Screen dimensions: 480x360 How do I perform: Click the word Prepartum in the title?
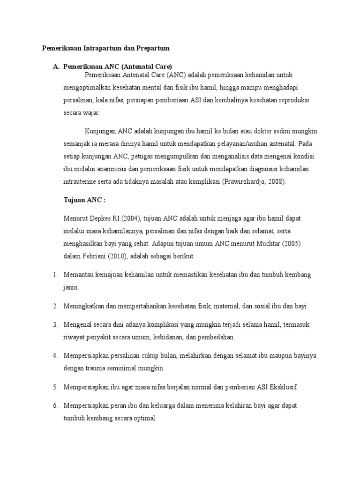[x=151, y=48]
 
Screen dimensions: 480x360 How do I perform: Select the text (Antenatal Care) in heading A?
[x=147, y=67]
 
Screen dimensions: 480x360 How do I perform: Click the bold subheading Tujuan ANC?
[x=84, y=200]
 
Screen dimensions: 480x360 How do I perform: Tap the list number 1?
[x=55, y=274]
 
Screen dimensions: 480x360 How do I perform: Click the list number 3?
[x=55, y=324]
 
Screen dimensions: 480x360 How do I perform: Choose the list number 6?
[x=55, y=405]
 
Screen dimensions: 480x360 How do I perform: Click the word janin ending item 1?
[x=71, y=287]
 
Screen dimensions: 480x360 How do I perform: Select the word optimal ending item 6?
[x=143, y=418]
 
